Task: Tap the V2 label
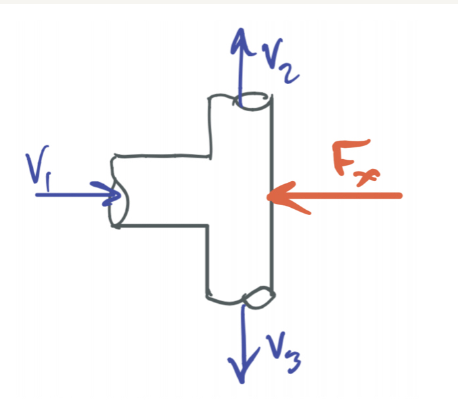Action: point(279,60)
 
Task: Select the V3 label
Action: point(282,352)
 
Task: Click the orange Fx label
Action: point(355,162)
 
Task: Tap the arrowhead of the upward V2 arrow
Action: point(241,42)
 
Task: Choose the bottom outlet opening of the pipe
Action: point(258,297)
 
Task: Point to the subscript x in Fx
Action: point(367,176)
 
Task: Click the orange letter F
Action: point(349,157)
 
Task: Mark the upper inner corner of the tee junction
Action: point(210,157)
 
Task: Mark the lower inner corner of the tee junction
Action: point(208,226)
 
